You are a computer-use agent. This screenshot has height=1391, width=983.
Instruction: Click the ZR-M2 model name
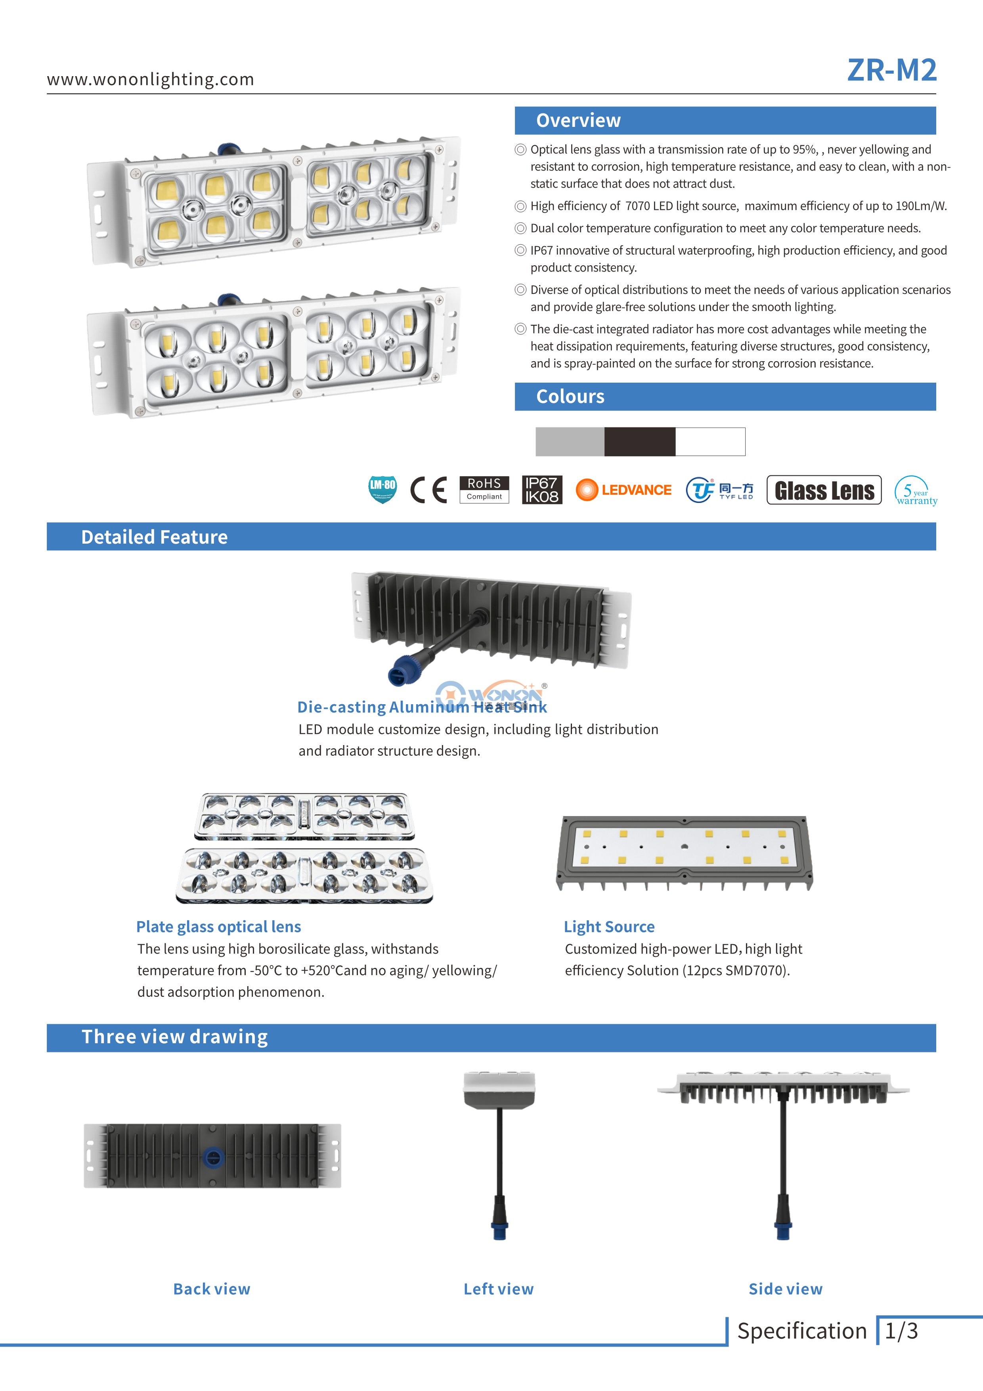[x=891, y=70]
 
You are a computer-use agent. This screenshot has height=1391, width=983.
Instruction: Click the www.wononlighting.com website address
[x=150, y=79]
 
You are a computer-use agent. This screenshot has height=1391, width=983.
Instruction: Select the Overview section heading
[x=578, y=121]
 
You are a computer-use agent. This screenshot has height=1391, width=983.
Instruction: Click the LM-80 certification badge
[x=382, y=490]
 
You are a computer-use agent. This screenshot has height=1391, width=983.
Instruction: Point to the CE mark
[x=428, y=490]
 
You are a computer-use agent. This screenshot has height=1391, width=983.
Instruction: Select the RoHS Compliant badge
[x=484, y=490]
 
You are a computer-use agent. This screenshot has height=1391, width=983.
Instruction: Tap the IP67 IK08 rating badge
[x=541, y=490]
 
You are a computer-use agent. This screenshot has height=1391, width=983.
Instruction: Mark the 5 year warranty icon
[x=915, y=491]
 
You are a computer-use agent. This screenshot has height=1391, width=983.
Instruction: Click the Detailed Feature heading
[x=155, y=537]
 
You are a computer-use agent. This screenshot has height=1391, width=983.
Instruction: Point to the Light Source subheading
[x=609, y=926]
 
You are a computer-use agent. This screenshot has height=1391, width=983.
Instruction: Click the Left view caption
[x=499, y=1289]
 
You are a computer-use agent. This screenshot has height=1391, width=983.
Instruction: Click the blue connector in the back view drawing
[x=212, y=1157]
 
